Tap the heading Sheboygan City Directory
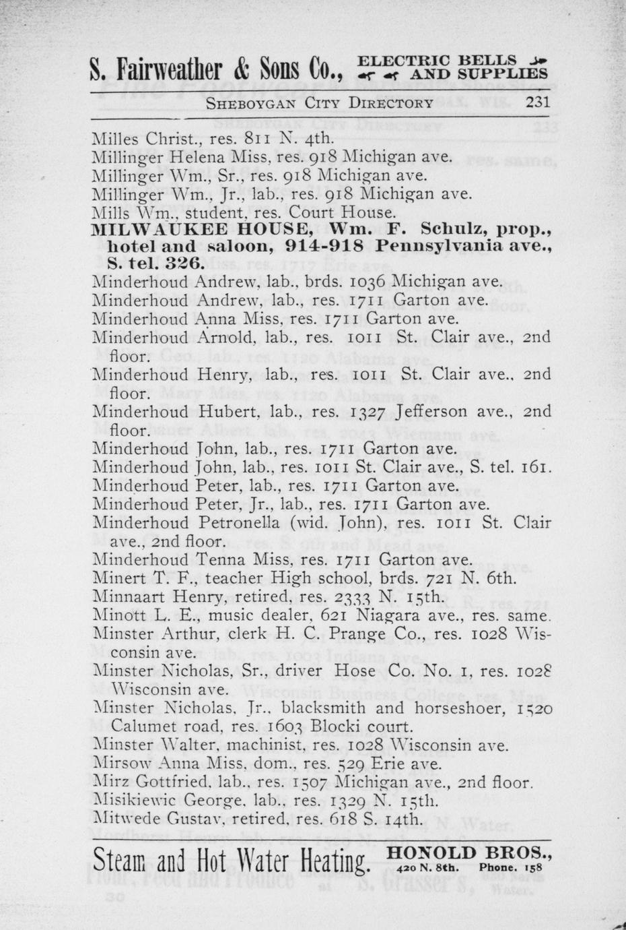tap(319, 103)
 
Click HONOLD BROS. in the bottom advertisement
tap(469, 854)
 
